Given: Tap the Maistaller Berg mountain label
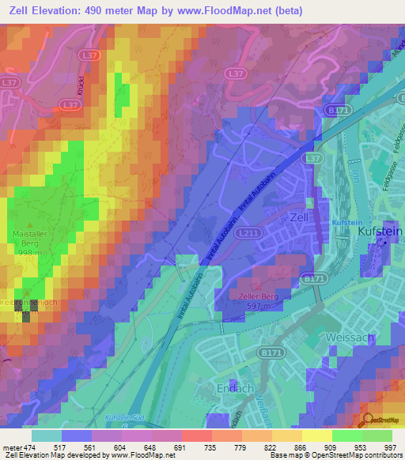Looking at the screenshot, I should tap(31, 239).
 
